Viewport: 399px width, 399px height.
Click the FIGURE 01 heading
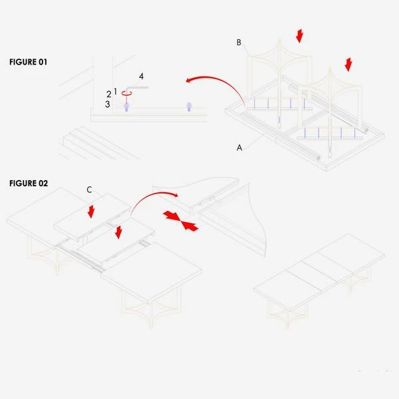(28, 62)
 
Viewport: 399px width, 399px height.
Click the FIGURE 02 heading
(29, 184)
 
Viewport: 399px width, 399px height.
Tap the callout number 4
(141, 76)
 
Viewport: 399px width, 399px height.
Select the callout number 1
(116, 91)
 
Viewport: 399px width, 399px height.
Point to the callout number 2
(109, 94)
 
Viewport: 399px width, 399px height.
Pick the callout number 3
(108, 104)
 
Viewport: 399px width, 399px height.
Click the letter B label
(239, 43)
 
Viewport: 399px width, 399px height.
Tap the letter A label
(239, 148)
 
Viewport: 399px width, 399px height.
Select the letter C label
(89, 190)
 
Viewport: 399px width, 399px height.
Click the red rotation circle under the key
(126, 93)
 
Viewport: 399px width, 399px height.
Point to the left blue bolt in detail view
(126, 107)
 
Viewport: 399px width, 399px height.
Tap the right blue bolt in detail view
(189, 107)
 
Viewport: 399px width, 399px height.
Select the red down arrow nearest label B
(299, 36)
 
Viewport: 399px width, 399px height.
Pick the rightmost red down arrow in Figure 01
(348, 65)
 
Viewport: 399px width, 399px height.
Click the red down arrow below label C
(91, 211)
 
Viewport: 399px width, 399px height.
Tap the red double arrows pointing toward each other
(181, 221)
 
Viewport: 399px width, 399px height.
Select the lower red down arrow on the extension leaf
(118, 232)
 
